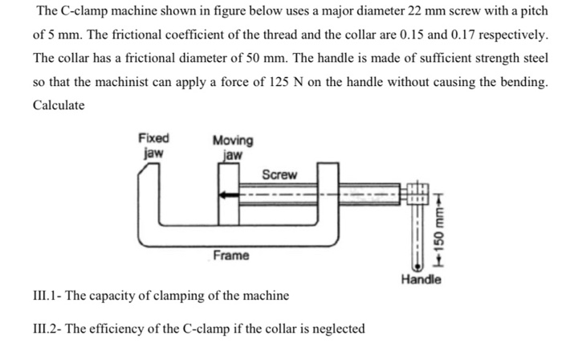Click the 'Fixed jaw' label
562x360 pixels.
[153, 145]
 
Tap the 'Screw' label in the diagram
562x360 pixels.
[279, 174]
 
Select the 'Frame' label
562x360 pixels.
[231, 255]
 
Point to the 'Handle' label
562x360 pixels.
[422, 280]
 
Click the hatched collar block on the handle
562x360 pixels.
[416, 194]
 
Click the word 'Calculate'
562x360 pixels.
[59, 105]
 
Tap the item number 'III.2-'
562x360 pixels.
[49, 328]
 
